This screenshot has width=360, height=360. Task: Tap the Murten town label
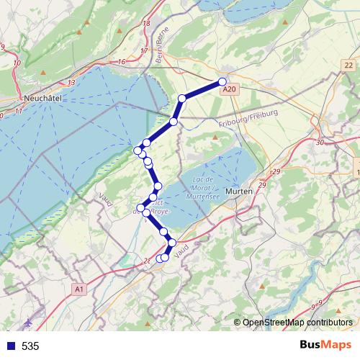[x=238, y=192]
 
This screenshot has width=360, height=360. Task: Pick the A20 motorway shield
[x=229, y=89]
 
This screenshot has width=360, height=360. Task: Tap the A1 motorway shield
[x=78, y=289]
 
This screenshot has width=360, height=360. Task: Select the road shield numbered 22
[x=350, y=66]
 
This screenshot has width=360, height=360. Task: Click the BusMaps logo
[x=320, y=346]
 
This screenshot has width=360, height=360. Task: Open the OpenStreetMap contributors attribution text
[x=299, y=323]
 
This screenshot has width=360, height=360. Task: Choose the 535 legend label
[x=30, y=346]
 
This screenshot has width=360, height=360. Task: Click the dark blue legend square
[x=9, y=346]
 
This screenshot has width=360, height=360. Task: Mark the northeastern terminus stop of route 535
[x=222, y=81]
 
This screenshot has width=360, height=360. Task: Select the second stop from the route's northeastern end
[x=182, y=98]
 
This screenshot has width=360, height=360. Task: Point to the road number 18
[x=146, y=24]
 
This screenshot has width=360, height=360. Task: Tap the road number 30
[x=320, y=143]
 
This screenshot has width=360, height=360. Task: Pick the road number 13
[x=71, y=83]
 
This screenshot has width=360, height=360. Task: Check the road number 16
[x=122, y=62]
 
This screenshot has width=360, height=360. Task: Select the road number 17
[x=143, y=50]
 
